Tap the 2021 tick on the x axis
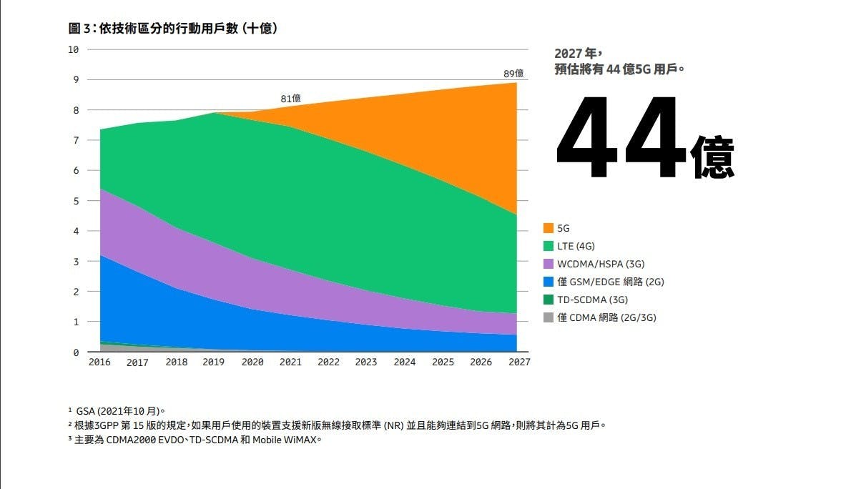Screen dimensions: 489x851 click(290, 362)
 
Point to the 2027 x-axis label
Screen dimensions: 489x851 click(519, 362)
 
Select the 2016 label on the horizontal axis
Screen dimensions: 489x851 click(99, 362)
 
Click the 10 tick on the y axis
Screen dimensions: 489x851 click(73, 49)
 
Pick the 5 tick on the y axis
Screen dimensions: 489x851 click(75, 201)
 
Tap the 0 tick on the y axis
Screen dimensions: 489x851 click(75, 352)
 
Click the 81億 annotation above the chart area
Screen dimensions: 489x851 click(290, 98)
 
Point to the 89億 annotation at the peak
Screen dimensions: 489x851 click(513, 74)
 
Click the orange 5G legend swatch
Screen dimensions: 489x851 click(548, 228)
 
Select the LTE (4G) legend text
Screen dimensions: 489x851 click(576, 246)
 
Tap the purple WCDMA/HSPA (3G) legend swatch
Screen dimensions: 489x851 click(548, 264)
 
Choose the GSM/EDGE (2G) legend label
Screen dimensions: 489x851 click(611, 282)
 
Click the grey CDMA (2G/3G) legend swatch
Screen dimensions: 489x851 click(548, 317)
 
